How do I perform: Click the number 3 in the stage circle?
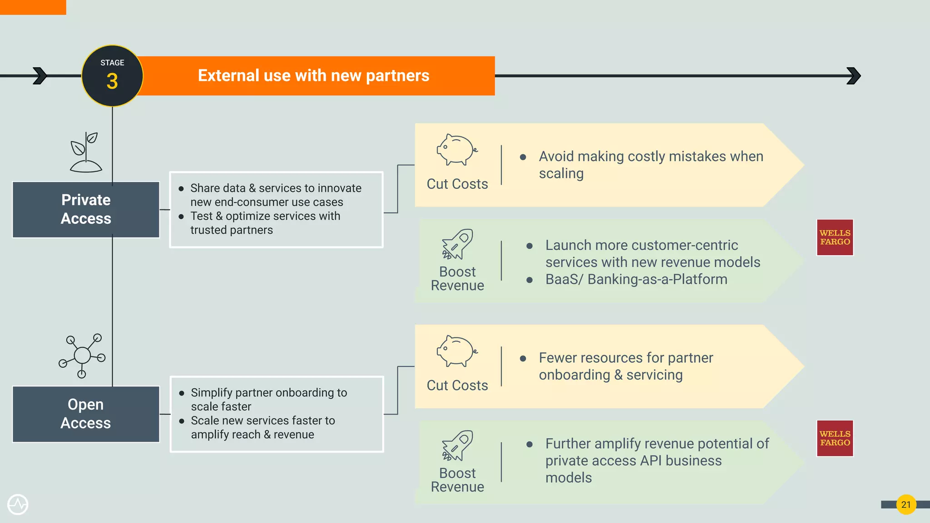coord(112,82)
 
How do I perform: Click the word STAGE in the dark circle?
coord(112,63)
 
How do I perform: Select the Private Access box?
coord(86,209)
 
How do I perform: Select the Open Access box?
coord(86,414)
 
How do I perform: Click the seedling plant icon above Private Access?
coord(85,152)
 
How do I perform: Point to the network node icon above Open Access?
coord(82,355)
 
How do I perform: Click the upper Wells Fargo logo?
coord(835,237)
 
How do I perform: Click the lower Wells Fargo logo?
coord(835,438)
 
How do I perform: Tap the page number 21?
coord(906,504)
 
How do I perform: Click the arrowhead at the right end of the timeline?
coord(854,76)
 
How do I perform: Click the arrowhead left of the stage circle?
coord(40,76)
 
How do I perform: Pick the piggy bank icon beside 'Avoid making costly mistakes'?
coord(457,150)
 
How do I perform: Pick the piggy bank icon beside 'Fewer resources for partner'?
coord(457,351)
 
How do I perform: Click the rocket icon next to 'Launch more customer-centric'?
coord(457,244)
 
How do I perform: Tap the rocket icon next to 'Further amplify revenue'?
coord(457,445)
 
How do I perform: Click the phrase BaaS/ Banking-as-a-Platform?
coord(636,279)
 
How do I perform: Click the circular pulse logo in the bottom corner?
coord(18,504)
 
